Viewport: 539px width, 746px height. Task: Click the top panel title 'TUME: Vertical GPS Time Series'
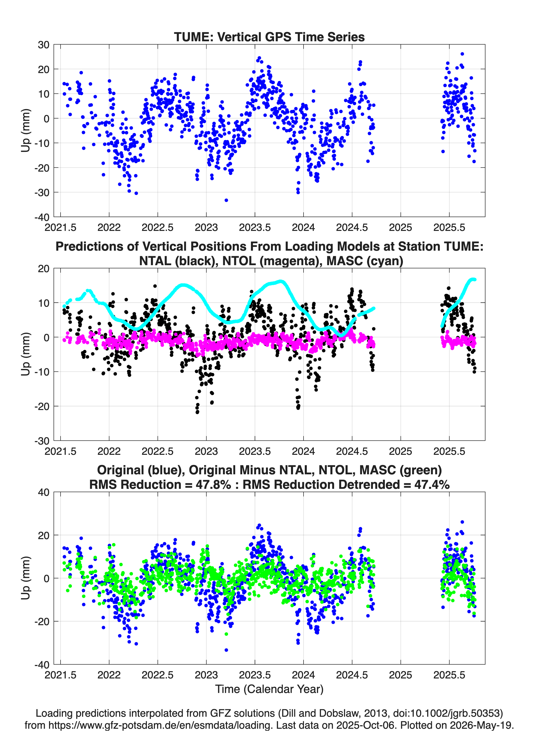pyautogui.click(x=269, y=37)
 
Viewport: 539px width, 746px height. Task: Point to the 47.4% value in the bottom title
pyautogui.click(x=431, y=485)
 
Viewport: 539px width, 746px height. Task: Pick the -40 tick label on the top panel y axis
pyautogui.click(x=42, y=217)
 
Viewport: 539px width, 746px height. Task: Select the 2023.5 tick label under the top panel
pyautogui.click(x=255, y=227)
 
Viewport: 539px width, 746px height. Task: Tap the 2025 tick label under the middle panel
pyautogui.click(x=400, y=451)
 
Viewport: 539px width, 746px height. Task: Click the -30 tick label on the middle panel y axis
pyautogui.click(x=42, y=441)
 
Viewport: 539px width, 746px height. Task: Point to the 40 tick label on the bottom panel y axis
pyautogui.click(x=44, y=492)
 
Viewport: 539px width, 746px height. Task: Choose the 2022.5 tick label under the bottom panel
pyautogui.click(x=158, y=675)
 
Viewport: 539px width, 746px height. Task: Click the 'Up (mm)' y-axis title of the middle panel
pyautogui.click(x=26, y=354)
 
